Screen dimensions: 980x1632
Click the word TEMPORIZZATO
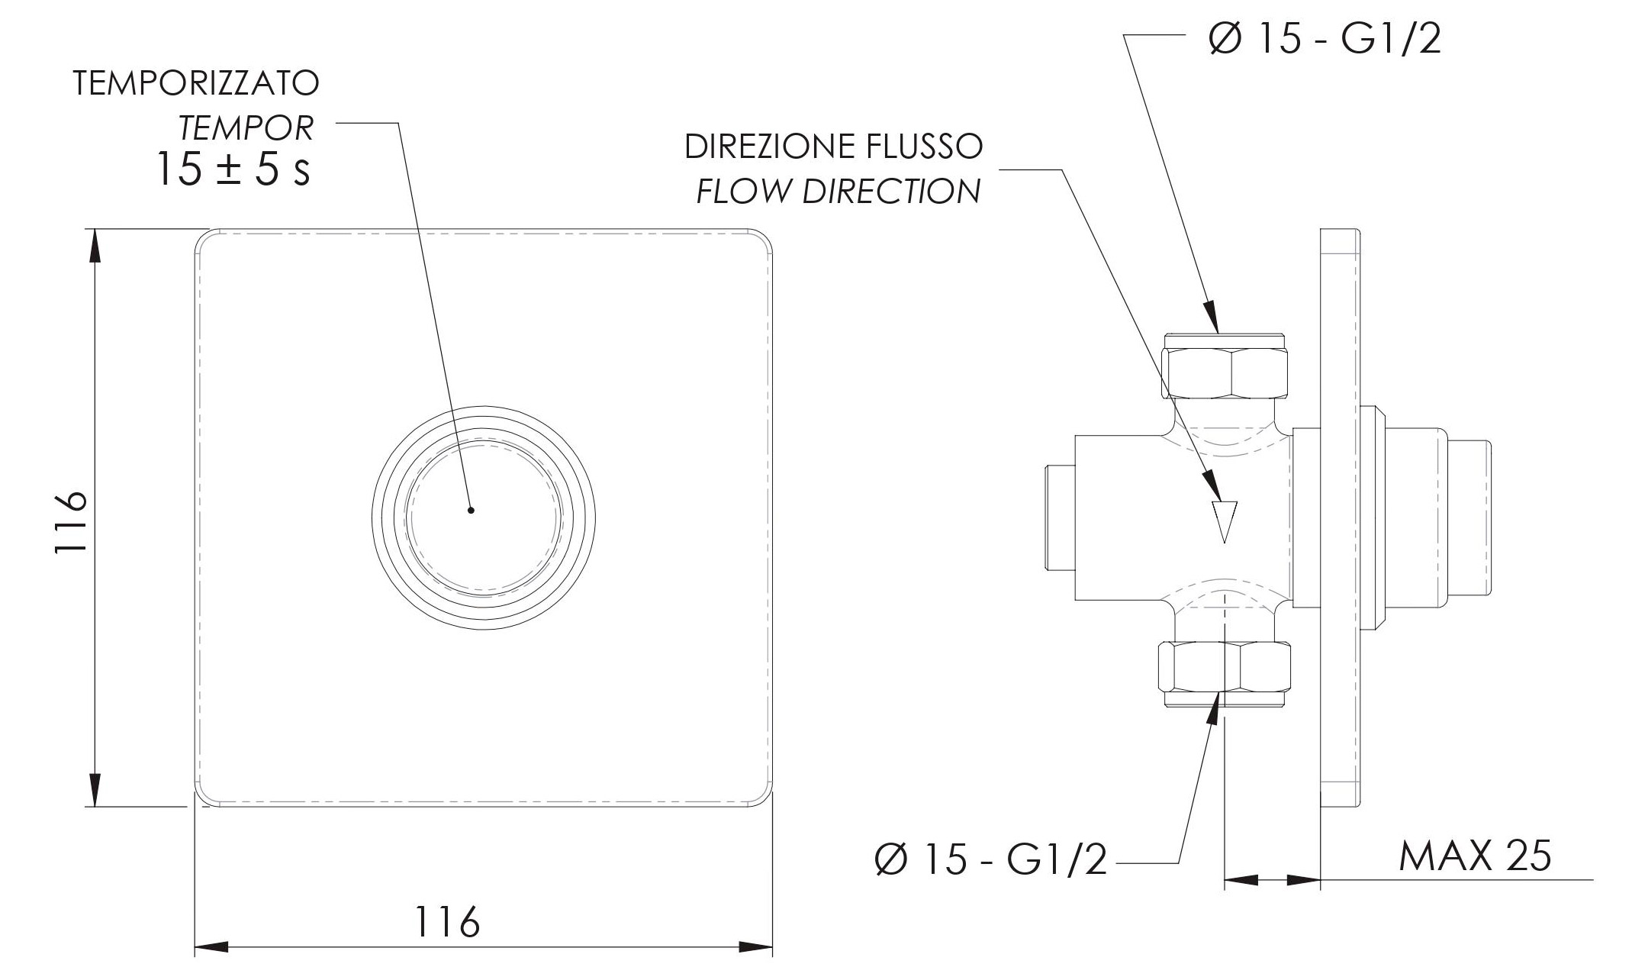[x=195, y=84]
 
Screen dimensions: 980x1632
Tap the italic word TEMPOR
[x=246, y=128]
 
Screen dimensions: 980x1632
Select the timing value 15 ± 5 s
[x=233, y=169]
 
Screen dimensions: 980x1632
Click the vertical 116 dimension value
[x=72, y=523]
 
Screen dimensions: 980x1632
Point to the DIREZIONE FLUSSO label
[x=833, y=147]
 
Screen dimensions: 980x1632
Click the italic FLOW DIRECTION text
[x=838, y=192]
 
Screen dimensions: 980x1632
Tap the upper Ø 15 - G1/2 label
[x=1325, y=38]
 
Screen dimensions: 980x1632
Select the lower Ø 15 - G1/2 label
[x=990, y=860]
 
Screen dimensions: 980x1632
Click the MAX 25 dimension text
[x=1474, y=856]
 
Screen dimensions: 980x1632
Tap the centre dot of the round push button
[x=471, y=510]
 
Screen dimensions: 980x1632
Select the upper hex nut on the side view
[x=1224, y=372]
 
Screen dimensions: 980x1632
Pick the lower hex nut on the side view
[x=1224, y=666]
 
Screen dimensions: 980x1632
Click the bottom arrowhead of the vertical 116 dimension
[x=95, y=788]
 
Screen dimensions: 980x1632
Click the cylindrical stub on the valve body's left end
[x=1059, y=517]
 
